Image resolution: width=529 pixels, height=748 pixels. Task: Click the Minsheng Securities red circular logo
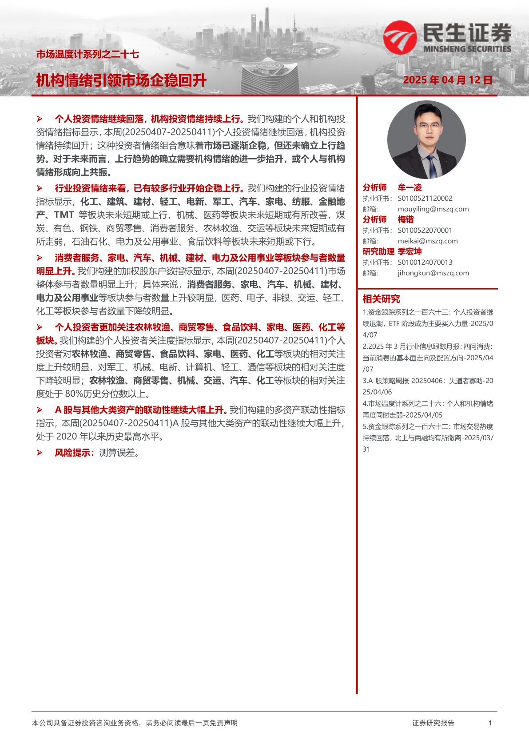400,36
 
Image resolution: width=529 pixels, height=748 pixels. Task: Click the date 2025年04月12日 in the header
448,80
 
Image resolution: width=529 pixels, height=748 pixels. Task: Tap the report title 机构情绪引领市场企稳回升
121,80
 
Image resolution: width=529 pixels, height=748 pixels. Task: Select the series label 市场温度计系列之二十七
88,55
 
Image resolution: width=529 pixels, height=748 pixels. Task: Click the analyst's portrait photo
426,140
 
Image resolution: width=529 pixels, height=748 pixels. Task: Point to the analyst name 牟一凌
410,187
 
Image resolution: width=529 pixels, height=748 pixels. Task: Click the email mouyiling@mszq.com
433,209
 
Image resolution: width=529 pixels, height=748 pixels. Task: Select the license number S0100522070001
425,230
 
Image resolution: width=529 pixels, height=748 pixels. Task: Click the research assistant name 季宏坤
410,251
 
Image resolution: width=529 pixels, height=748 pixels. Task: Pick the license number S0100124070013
425,262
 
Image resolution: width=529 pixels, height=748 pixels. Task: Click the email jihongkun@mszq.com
433,273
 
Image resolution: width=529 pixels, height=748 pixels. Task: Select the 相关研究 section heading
381,298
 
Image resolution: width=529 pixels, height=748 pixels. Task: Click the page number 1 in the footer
490,723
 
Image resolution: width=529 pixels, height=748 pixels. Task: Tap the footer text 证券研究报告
433,723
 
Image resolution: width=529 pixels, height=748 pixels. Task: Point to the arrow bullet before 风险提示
40,453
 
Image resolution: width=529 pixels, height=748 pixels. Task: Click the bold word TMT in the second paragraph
64,215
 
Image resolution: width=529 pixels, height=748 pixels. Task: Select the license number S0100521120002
425,198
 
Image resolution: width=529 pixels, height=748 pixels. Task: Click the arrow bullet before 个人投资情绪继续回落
40,119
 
